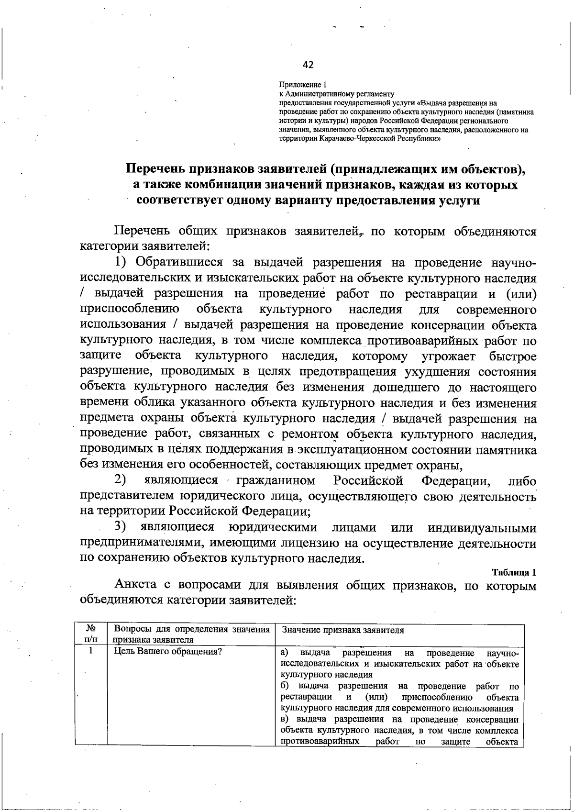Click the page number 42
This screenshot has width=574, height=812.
coord(309,65)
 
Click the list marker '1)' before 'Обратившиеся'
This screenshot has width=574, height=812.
coord(121,262)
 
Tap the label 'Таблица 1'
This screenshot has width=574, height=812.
coord(514,572)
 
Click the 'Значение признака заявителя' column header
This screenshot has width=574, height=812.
coord(343,630)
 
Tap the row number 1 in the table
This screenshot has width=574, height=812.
coord(90,651)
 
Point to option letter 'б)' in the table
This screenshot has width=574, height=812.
coord(285,686)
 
